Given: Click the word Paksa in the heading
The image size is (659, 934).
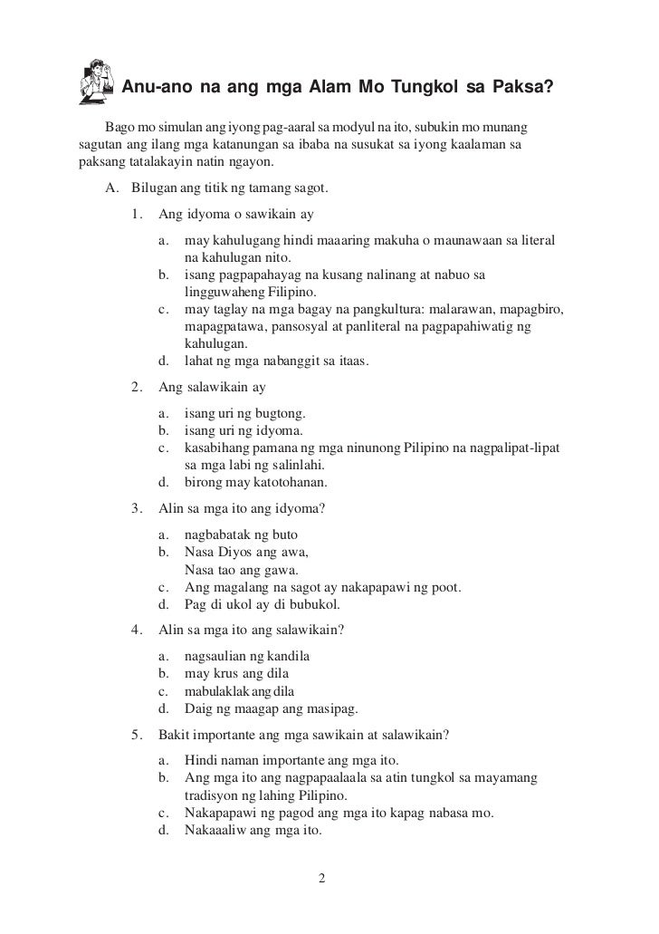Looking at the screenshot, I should pyautogui.click(x=522, y=88).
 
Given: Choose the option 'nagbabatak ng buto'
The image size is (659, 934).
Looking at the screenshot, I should pyautogui.click(x=240, y=534).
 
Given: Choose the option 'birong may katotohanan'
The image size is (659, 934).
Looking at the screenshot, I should pyautogui.click(x=255, y=481).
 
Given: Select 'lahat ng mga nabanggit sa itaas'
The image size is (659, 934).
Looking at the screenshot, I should pyautogui.click(x=276, y=361).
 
